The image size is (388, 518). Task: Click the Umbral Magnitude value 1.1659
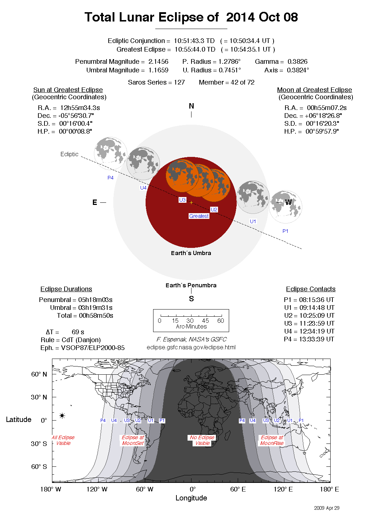pos(158,70)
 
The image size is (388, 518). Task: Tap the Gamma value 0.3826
pos(297,62)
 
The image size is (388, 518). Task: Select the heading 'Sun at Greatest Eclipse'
pos(68,90)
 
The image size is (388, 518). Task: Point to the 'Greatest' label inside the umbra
pos(199,216)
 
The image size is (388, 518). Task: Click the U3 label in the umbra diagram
pos(183,200)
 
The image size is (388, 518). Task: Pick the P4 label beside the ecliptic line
pos(110,178)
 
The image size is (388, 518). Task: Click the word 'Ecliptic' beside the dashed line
pos(69,154)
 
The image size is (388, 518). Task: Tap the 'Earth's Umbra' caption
pos(191,253)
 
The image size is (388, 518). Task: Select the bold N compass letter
pos(191,106)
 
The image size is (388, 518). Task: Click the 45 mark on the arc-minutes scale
pos(205,321)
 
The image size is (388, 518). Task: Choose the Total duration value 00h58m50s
pos(96,316)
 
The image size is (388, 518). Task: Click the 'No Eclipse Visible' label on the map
pos(202,440)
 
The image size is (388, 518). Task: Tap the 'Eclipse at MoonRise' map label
pos(272,440)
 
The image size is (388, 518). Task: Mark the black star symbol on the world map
pos(62,416)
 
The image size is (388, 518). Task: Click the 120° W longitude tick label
pos(97,489)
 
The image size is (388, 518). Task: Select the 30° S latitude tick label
pos(39,443)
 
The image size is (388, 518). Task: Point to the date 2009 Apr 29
pos(327,508)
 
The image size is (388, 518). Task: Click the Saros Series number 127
pos(179,82)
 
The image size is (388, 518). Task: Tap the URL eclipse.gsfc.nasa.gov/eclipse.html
pos(191,347)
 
